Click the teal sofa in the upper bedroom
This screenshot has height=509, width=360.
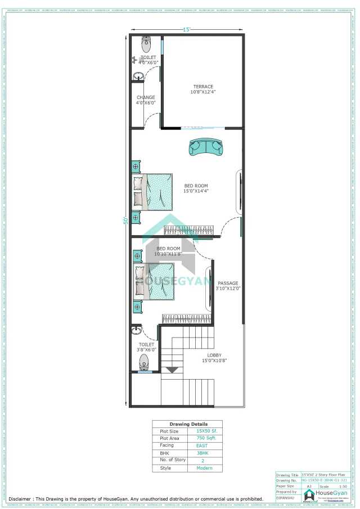[x=206, y=147]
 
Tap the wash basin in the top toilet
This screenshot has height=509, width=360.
[x=138, y=76]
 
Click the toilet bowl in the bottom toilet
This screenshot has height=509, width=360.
[x=144, y=361]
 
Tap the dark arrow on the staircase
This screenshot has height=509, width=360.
[x=172, y=370]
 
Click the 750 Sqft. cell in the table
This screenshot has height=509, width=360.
[x=202, y=438]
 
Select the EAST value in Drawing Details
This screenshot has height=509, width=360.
[x=202, y=445]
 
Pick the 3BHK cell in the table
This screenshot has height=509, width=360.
[x=202, y=453]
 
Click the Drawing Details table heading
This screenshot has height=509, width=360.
[x=188, y=424]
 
